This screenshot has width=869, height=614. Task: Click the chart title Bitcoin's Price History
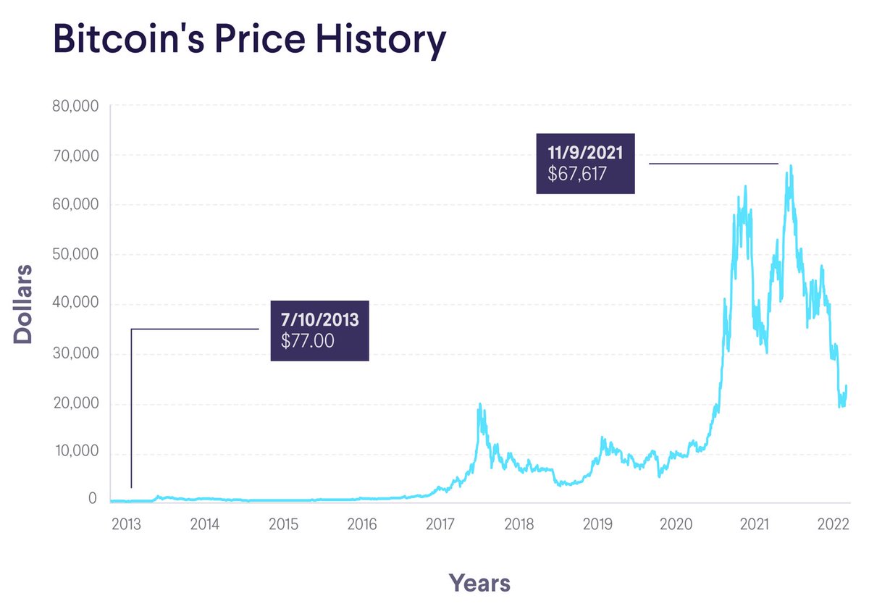(249, 41)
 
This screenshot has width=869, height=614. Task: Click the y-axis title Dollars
(24, 303)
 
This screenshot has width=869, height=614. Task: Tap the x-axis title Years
(479, 582)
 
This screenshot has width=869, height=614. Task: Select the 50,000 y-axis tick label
(75, 255)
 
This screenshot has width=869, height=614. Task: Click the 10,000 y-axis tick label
(75, 452)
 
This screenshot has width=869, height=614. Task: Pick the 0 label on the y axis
(93, 499)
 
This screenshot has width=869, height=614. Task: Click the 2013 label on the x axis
(126, 523)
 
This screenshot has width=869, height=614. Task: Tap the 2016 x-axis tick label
(361, 523)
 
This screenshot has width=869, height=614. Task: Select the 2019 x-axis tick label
(597, 523)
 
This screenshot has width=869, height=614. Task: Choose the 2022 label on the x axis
(833, 523)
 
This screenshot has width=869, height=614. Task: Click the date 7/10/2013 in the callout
(319, 319)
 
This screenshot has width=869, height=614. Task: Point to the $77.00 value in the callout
(308, 341)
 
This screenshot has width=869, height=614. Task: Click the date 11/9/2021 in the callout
(585, 153)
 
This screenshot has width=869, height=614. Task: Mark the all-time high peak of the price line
(791, 166)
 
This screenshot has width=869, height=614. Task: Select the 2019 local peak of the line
(601, 437)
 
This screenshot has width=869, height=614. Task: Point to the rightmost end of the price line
(846, 386)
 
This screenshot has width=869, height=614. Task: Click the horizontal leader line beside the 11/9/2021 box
(713, 164)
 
